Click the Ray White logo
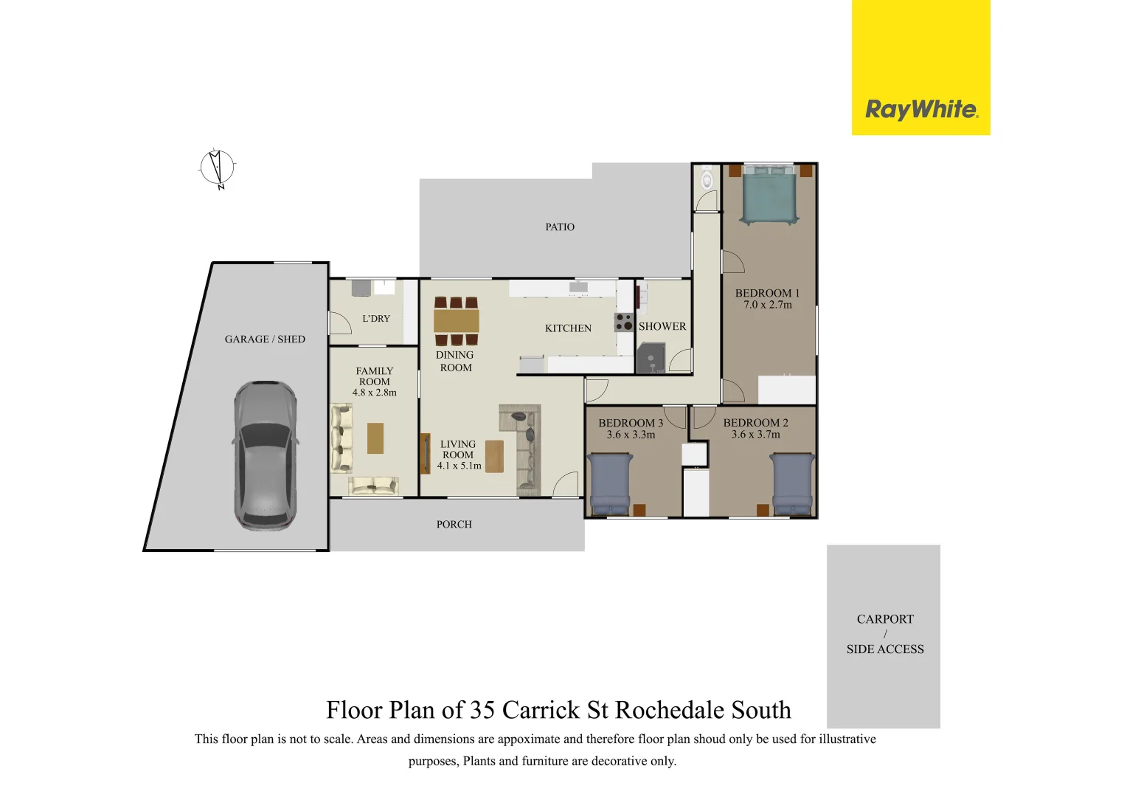tap(921, 110)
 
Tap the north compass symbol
tap(217, 168)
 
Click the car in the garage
tap(266, 455)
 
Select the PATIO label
tap(560, 227)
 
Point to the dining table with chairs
tap(456, 321)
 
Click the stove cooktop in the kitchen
tap(624, 322)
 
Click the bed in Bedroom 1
tap(769, 195)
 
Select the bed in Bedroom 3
tap(610, 483)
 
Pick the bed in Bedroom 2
tap(792, 483)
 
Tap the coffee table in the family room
tap(375, 438)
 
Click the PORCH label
tap(454, 525)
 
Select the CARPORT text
tap(884, 619)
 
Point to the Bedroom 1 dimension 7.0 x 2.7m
tap(767, 305)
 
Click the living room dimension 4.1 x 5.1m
tap(459, 466)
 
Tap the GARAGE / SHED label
tap(265, 339)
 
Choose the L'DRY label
tap(376, 319)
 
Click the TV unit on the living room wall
tap(424, 454)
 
